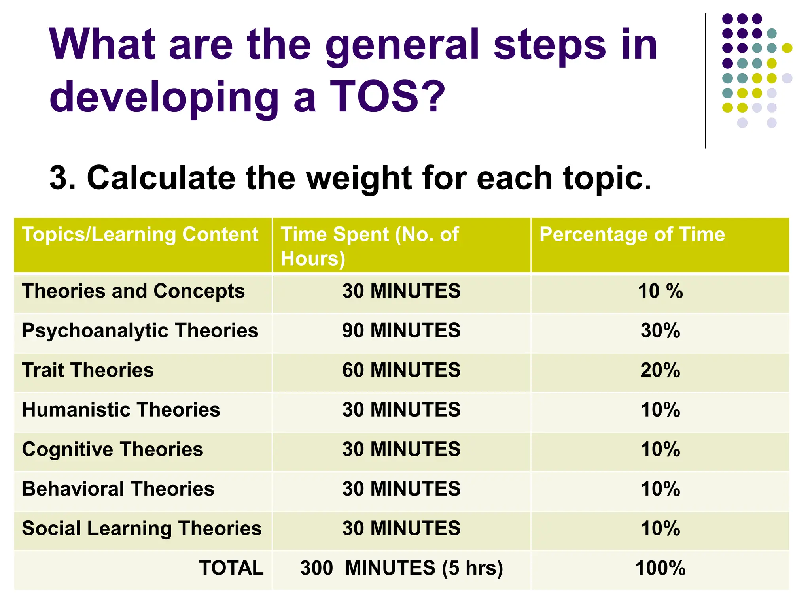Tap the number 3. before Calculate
pyautogui.click(x=62, y=178)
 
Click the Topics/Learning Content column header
pyautogui.click(x=140, y=234)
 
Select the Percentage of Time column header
pyautogui.click(x=632, y=234)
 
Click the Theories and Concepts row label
pyautogui.click(x=133, y=291)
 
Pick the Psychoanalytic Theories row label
pyautogui.click(x=140, y=331)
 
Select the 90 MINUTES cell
pyautogui.click(x=401, y=330)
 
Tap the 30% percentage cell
pyautogui.click(x=660, y=330)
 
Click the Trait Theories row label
pyautogui.click(x=88, y=370)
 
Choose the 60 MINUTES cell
pyautogui.click(x=401, y=370)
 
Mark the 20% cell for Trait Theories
pyautogui.click(x=660, y=370)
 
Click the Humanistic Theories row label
pyautogui.click(x=121, y=410)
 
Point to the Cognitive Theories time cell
pyautogui.click(x=401, y=449)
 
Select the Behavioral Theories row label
pyautogui.click(x=118, y=489)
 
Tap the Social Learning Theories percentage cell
pyautogui.click(x=660, y=528)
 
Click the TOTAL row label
pyautogui.click(x=231, y=568)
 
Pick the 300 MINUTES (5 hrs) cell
pyautogui.click(x=401, y=568)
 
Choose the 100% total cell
pyautogui.click(x=660, y=568)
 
